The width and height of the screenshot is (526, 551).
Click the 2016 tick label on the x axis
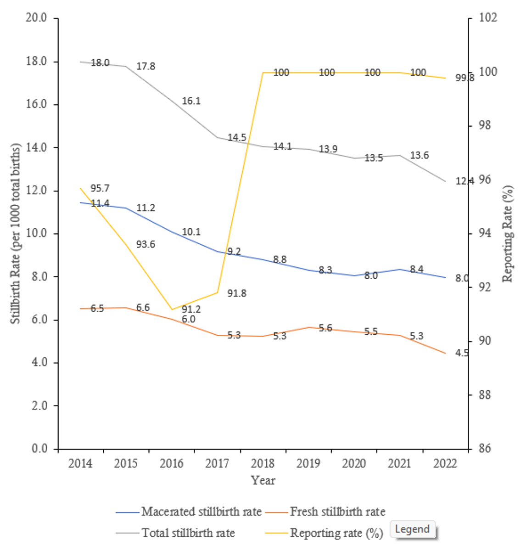click(171, 464)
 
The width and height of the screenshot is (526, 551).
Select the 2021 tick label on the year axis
click(399, 464)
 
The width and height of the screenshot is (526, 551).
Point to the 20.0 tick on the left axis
click(37, 18)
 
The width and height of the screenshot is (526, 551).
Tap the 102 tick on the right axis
click(487, 18)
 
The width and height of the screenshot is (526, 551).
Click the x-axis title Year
click(263, 480)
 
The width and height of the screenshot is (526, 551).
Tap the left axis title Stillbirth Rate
click(16, 233)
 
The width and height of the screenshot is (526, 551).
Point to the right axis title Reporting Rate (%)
click(507, 233)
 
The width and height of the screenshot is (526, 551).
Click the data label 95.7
click(100, 188)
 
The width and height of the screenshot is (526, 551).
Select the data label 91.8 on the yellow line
click(237, 293)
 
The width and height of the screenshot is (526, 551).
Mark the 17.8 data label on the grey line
click(145, 67)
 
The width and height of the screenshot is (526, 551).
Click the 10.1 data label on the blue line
click(191, 232)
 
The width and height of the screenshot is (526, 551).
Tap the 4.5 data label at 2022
click(462, 353)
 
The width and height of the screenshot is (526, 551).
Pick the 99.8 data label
click(464, 78)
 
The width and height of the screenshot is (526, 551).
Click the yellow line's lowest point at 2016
click(172, 309)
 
